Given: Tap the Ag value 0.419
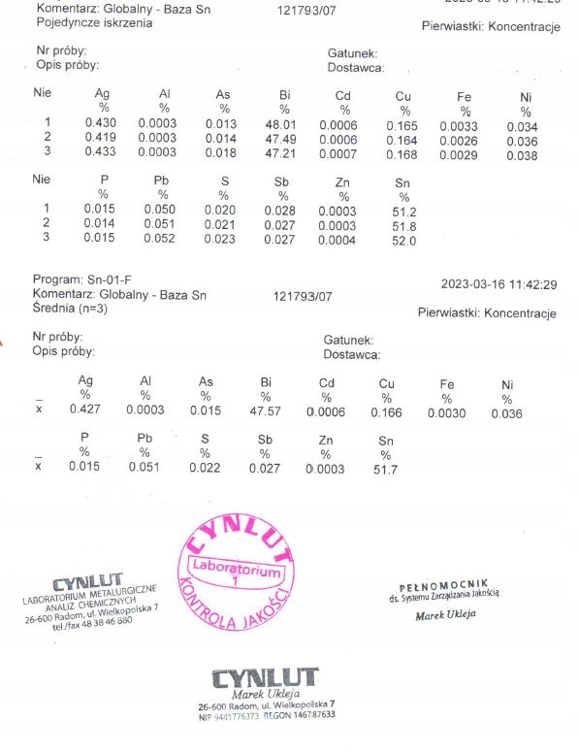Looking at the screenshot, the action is pos(100,140).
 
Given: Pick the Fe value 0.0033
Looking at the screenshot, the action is pos(458,125).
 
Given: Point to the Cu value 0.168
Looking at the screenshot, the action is pos(402,154).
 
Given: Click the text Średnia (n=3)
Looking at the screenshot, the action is pos(71,307).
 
